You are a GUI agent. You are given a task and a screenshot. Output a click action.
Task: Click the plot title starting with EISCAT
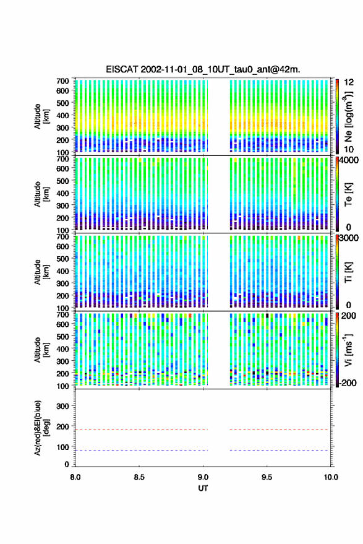[x=203, y=69]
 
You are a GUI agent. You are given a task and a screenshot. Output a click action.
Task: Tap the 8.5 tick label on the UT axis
[x=139, y=477]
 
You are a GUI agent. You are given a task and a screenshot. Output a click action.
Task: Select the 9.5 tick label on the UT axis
[x=267, y=477]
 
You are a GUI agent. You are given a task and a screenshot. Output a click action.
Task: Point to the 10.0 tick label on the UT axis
[x=331, y=477]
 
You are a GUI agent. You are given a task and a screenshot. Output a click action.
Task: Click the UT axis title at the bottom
[x=203, y=488]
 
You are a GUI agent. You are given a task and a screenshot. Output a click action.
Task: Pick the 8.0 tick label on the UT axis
[x=75, y=477]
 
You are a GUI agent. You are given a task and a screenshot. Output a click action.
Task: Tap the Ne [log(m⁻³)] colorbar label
[x=348, y=116]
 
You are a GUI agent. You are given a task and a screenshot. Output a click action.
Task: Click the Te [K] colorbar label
[x=348, y=194]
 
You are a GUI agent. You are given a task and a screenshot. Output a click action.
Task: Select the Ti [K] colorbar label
[x=348, y=272]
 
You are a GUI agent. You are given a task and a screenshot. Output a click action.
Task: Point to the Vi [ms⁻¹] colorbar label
[x=348, y=350]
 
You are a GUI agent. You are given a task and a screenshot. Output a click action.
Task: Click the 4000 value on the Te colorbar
[x=349, y=161]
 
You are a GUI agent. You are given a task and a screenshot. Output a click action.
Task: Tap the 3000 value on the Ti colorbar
[x=349, y=238]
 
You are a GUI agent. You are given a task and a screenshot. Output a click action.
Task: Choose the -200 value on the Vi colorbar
[x=348, y=382]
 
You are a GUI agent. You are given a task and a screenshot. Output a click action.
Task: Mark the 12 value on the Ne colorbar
[x=349, y=82]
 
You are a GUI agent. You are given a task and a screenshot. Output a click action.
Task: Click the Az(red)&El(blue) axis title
[x=41, y=428]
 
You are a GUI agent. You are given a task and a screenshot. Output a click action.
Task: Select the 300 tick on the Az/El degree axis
[x=62, y=406]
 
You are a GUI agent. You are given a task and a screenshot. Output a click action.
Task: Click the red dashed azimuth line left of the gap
[x=142, y=430]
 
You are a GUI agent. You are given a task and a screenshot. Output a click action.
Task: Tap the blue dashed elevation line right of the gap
[x=279, y=451]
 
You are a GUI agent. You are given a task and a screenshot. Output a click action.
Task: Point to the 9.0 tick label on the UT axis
[x=203, y=477]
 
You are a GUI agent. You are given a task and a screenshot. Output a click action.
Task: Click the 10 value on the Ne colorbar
[x=349, y=150]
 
